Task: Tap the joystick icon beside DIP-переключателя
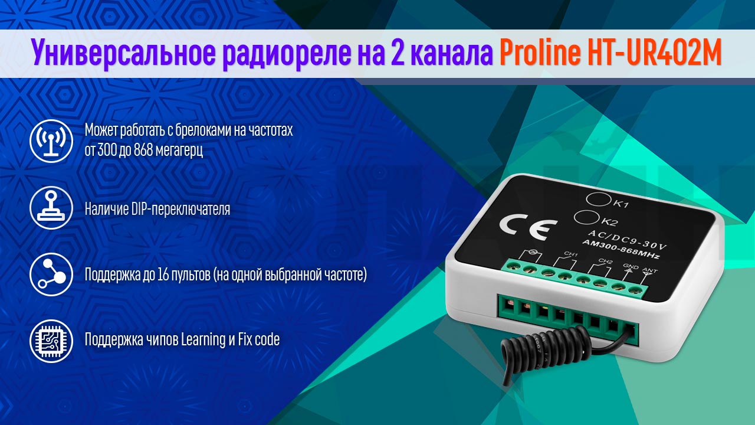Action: [51, 208]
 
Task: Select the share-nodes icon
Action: [51, 274]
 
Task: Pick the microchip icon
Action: [51, 340]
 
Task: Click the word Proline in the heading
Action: [535, 54]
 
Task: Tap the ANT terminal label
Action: [649, 272]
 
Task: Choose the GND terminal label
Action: [630, 267]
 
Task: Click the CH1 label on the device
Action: [570, 255]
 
